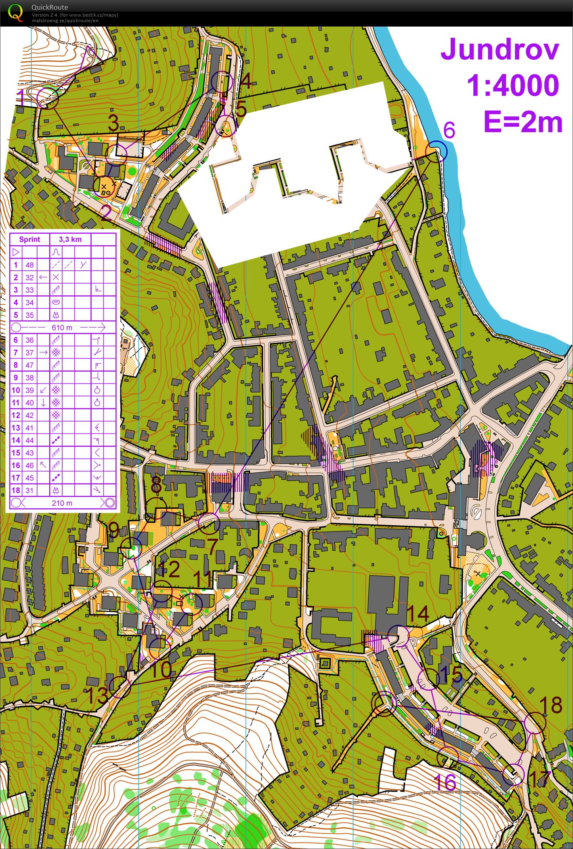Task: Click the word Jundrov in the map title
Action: (500, 50)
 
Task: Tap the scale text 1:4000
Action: (513, 86)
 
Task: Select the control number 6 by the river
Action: (449, 131)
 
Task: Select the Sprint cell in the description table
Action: (29, 239)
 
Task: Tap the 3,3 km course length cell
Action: (70, 239)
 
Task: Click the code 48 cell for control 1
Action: (29, 265)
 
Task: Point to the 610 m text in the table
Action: (62, 327)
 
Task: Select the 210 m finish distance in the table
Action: (62, 503)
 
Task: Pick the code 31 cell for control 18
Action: (29, 490)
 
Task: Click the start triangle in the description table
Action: (16, 252)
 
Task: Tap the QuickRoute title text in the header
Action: (50, 7)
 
